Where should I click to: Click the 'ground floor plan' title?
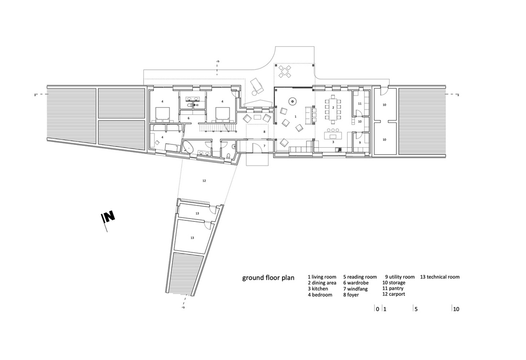(268, 278)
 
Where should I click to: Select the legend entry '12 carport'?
(394, 294)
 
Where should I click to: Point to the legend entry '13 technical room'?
(440, 277)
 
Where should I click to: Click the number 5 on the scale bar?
(416, 309)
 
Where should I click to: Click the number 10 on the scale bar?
(456, 309)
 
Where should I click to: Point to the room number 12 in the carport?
(204, 181)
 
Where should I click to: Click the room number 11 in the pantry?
(360, 104)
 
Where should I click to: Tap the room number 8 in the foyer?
(264, 132)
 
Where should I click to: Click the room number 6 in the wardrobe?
(188, 118)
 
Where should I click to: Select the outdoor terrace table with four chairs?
(285, 71)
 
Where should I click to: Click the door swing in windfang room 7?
(256, 146)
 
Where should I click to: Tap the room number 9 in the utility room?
(360, 142)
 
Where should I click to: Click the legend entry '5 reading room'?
(360, 277)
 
